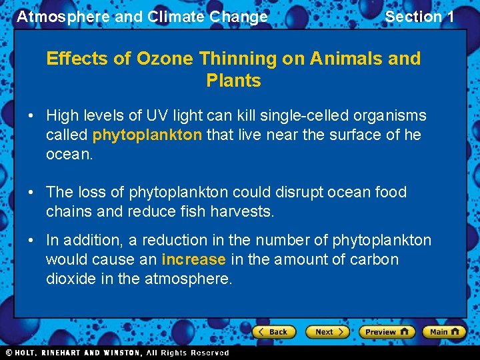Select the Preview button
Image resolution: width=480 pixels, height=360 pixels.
coord(387,331)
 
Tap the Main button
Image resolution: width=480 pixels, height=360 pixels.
coord(445,331)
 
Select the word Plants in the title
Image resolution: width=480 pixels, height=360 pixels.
coord(233,81)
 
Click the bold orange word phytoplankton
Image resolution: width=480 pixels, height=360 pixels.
coord(147,135)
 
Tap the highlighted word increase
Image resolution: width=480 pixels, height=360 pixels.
coord(194,259)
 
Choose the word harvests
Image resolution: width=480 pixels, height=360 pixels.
coord(241,212)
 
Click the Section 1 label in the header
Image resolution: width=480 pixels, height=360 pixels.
coord(419,17)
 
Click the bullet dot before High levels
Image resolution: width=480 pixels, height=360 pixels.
coord(31,116)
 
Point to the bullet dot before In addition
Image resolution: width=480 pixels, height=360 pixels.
coord(31,240)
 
